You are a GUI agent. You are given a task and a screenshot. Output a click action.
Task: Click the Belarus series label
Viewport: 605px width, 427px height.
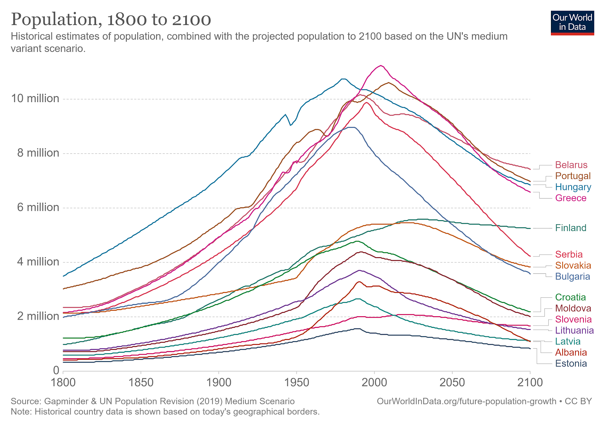point(571,165)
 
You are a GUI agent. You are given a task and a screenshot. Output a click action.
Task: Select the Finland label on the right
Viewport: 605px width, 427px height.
point(571,228)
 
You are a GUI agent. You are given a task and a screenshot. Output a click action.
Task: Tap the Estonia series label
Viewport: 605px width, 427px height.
point(571,364)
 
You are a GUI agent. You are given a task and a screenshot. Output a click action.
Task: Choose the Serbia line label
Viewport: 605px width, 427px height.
point(569,255)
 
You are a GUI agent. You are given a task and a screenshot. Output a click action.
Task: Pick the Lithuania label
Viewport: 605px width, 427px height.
point(574,331)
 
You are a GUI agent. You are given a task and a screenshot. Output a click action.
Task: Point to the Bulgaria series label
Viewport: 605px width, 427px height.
point(572,276)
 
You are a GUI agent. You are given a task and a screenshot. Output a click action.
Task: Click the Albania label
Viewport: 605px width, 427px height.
point(571,352)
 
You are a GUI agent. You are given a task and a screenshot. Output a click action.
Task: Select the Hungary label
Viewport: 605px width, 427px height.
point(573,187)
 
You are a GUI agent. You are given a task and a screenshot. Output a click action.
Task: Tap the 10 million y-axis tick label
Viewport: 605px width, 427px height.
point(35,99)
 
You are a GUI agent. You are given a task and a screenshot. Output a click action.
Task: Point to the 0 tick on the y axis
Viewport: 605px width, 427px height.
point(56,371)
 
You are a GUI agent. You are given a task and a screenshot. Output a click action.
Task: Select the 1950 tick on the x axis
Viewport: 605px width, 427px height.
point(296,382)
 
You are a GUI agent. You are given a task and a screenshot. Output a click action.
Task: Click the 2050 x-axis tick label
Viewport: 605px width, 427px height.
point(452,382)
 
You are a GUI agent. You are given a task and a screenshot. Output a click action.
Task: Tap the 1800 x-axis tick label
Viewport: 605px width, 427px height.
point(63,382)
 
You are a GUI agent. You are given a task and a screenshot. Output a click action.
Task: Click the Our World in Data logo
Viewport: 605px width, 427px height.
point(572,23)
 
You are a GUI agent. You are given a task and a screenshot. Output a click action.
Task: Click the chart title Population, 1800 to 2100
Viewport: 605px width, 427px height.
point(111,20)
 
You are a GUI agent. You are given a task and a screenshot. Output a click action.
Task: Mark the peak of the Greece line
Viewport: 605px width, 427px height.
point(381,66)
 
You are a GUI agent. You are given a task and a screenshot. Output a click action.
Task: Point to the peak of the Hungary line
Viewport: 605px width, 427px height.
point(343,79)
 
